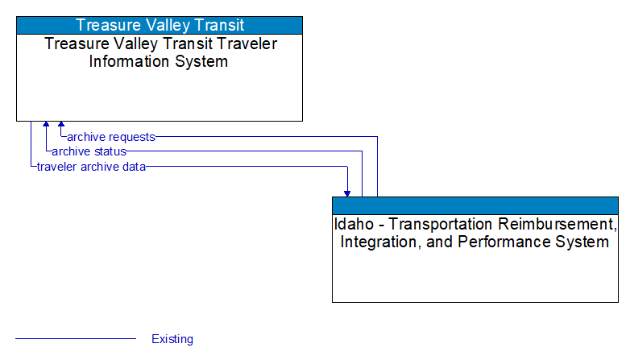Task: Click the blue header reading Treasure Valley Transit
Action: [160, 25]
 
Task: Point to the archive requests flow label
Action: [111, 137]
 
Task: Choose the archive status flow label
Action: [89, 151]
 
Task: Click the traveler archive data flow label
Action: [91, 167]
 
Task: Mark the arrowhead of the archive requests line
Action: [61, 126]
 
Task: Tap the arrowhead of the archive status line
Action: [47, 126]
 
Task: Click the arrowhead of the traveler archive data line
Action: [347, 192]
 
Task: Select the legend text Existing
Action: [172, 339]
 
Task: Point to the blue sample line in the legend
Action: [76, 339]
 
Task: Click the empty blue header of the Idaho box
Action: [475, 205]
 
